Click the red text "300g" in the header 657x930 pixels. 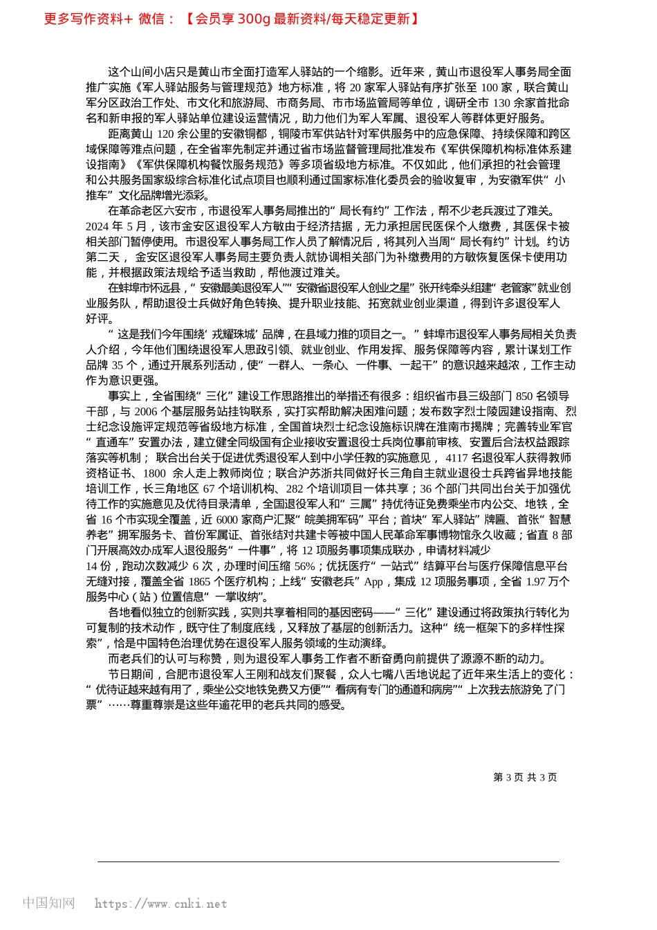tap(253, 19)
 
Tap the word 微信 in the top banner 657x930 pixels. tap(152, 19)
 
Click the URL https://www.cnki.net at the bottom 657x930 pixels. tap(160, 904)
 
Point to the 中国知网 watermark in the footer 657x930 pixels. tap(48, 903)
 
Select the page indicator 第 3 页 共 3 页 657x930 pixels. tap(525, 777)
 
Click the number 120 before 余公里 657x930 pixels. tap(166, 134)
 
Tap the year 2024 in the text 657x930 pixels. tap(98, 226)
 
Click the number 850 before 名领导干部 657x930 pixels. tap(524, 396)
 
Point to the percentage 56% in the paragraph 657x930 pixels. tap(304, 565)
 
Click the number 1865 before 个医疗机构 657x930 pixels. tap(199, 581)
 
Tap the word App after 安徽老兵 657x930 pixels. tap(373, 581)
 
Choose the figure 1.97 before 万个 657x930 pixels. tap(536, 581)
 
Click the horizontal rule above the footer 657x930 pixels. tap(328, 861)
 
